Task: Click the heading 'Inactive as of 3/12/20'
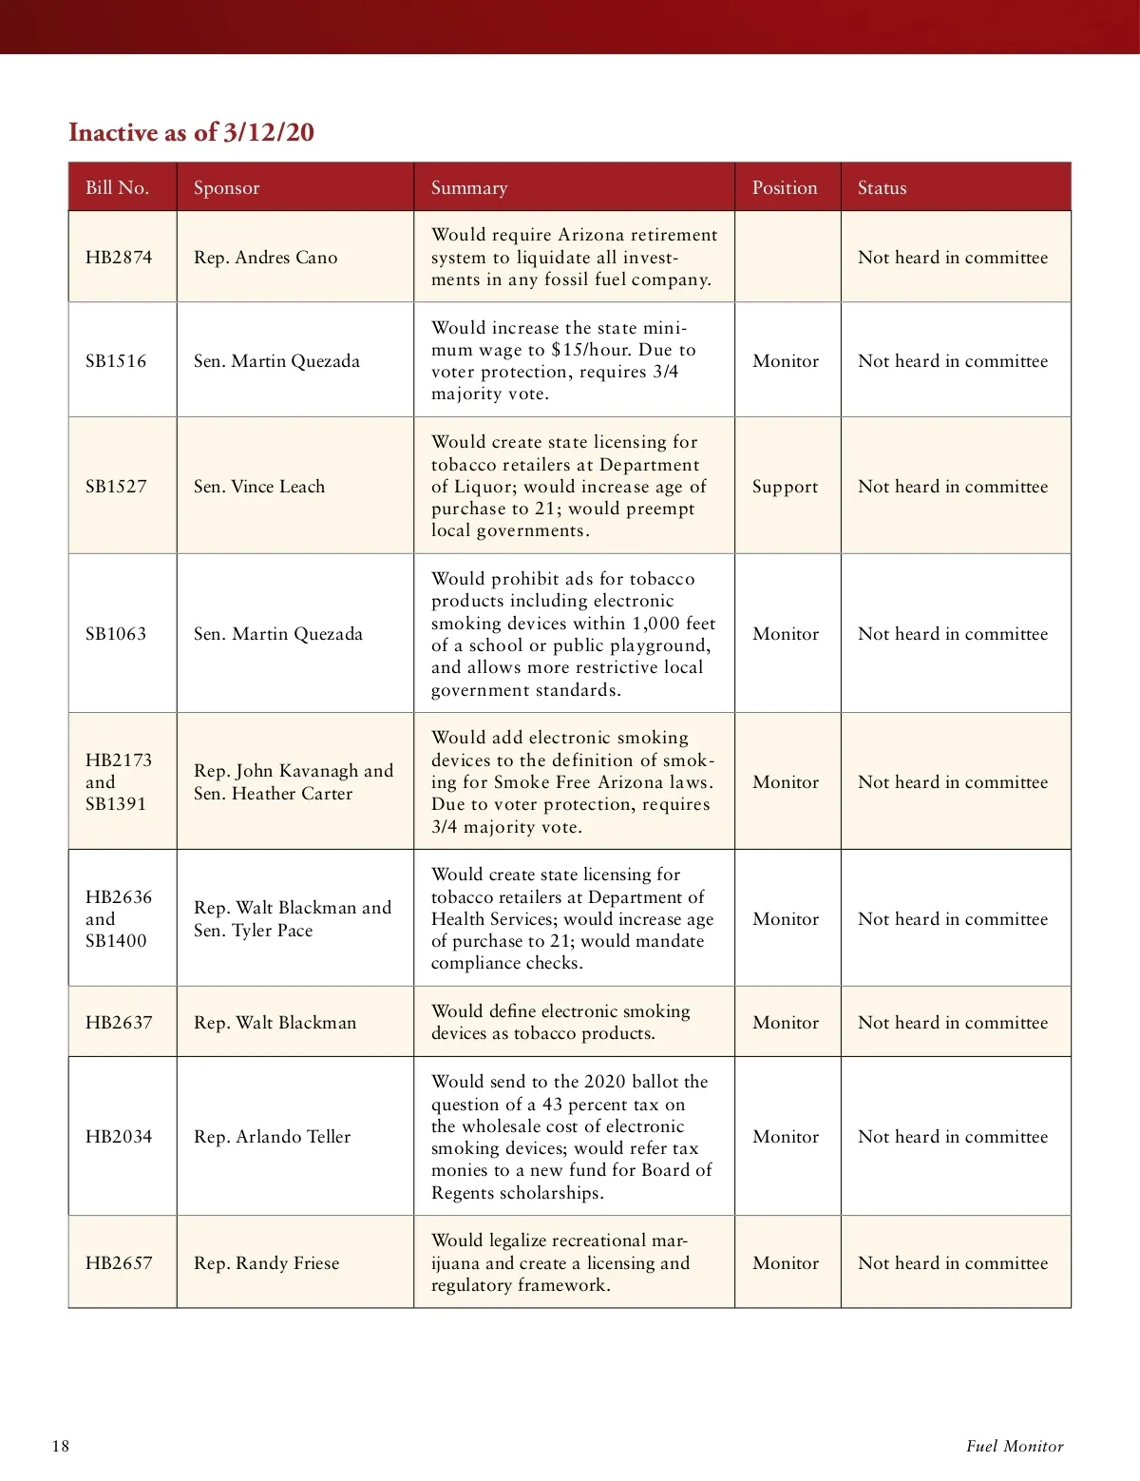pos(191,132)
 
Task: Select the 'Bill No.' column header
pos(117,187)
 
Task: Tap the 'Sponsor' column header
pos(226,187)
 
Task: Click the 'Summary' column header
pos(469,187)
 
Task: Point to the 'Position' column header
pos(785,187)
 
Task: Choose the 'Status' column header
pos(882,187)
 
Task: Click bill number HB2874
pos(119,258)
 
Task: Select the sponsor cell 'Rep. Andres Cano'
pos(265,258)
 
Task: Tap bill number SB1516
pos(116,361)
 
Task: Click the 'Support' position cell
pos(785,487)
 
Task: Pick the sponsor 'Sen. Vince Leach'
pos(259,487)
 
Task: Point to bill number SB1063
pos(116,634)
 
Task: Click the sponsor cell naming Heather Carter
pos(293,782)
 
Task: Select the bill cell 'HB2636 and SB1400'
pos(118,918)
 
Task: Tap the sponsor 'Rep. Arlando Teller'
pos(272,1137)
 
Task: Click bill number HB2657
pos(119,1263)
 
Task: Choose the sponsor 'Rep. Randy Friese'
pos(266,1263)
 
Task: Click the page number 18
pos(61,1447)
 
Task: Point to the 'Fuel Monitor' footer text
pos(1015,1447)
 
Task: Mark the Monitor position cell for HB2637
pos(786,1023)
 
